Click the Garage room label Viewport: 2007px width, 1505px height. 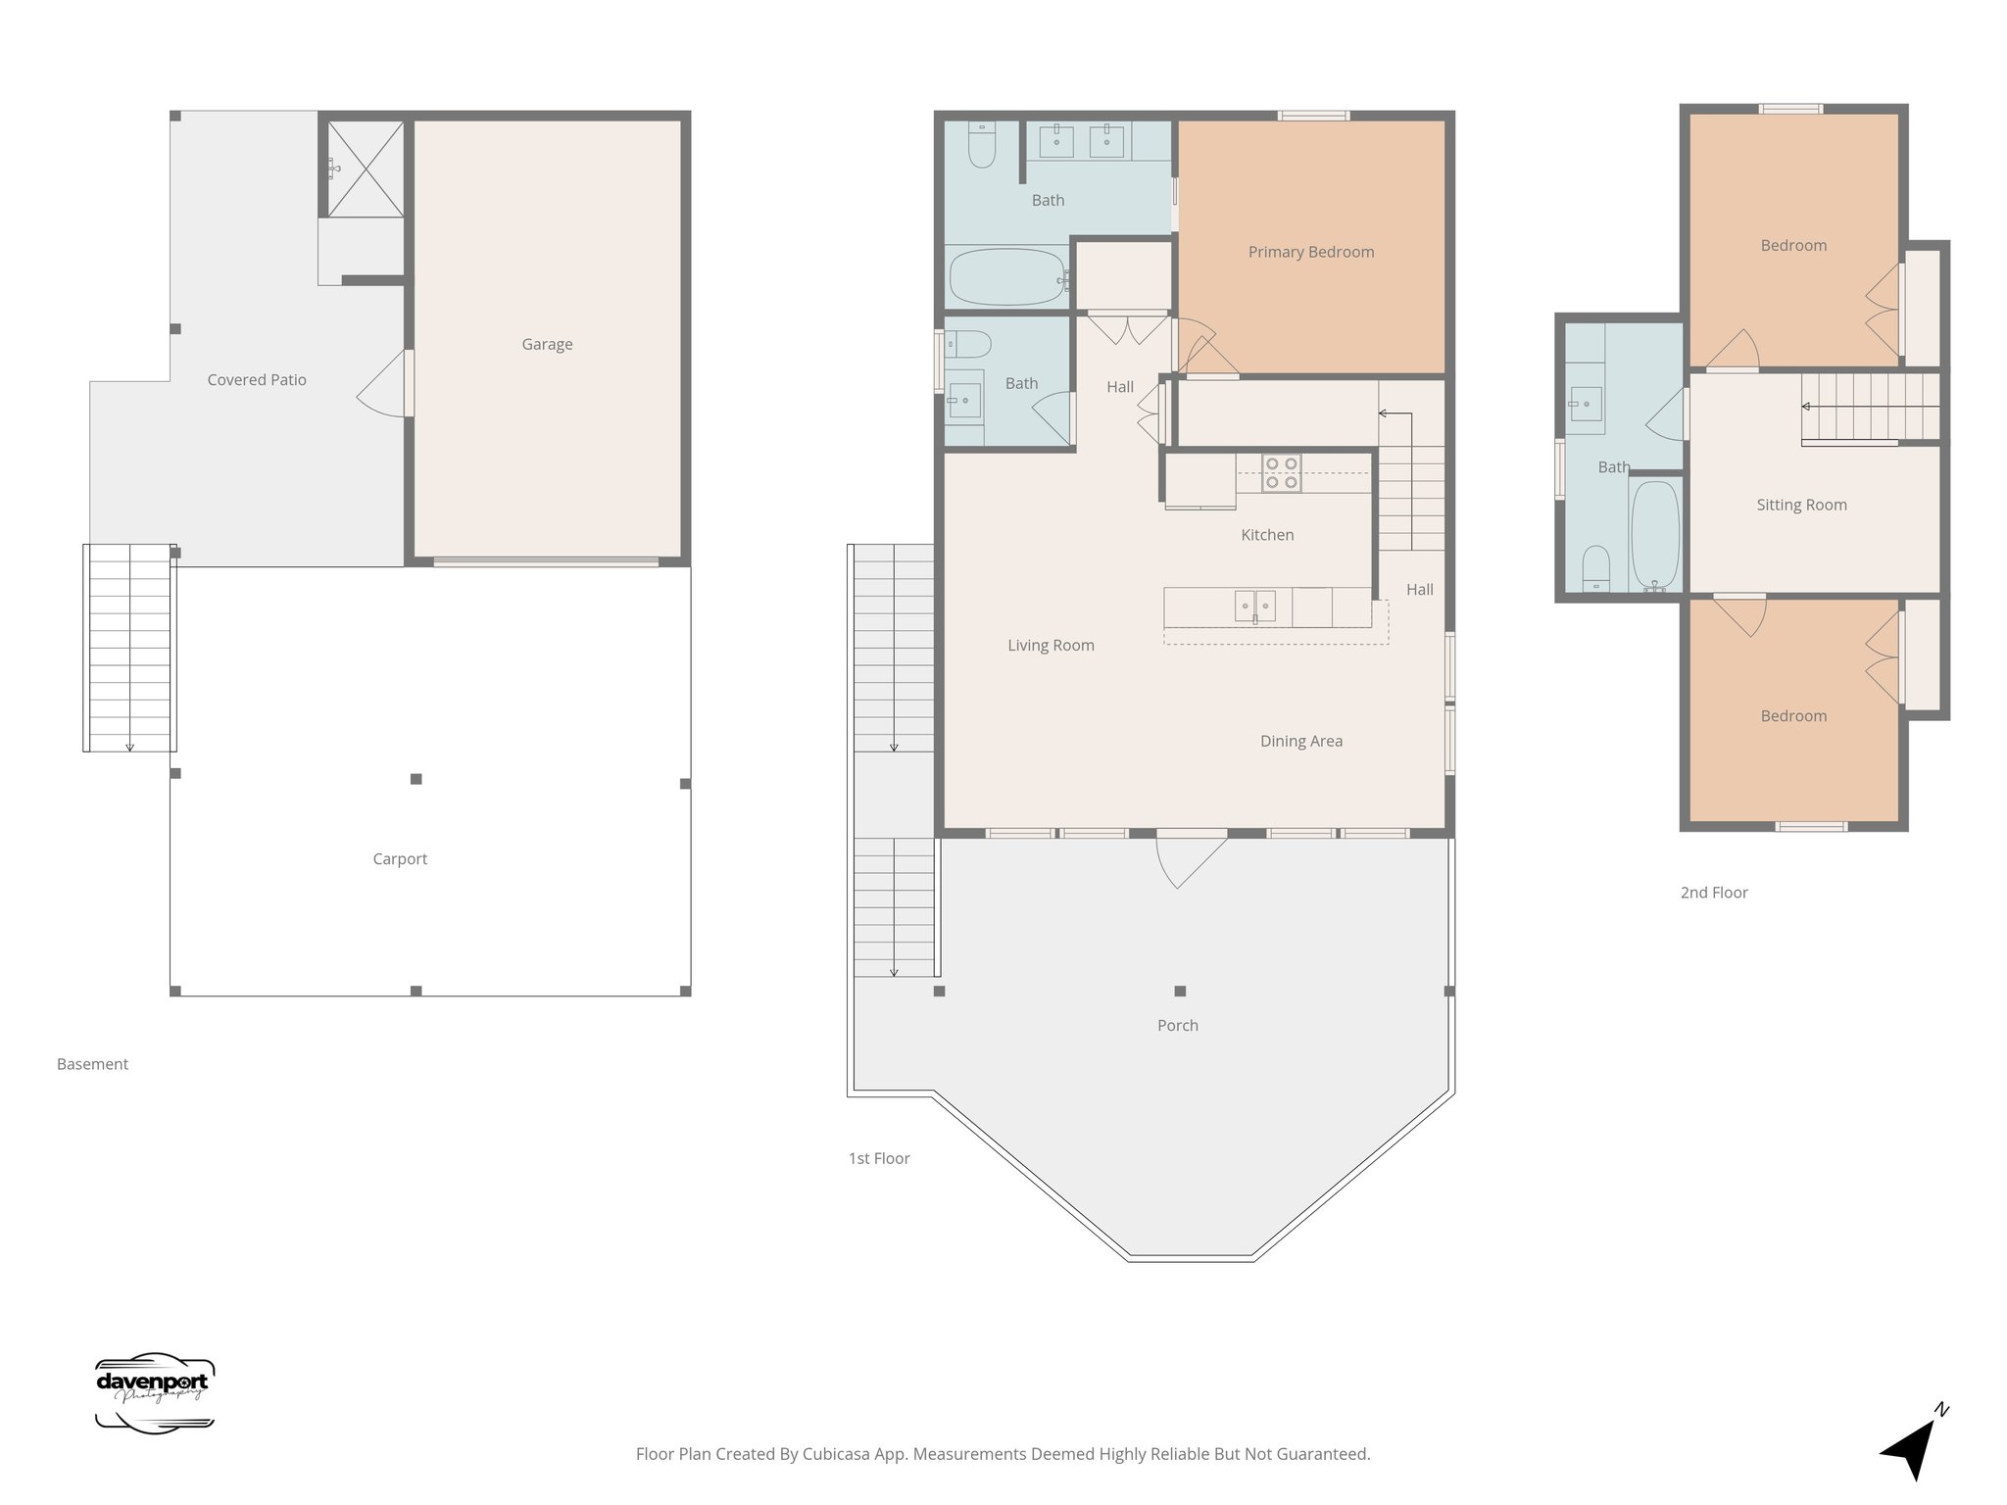(x=547, y=344)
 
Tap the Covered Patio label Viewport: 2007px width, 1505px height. (x=257, y=379)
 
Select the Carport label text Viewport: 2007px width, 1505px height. (x=400, y=858)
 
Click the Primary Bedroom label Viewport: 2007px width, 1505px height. (x=1310, y=252)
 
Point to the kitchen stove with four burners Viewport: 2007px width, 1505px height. (x=1281, y=472)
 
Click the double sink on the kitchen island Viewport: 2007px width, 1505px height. (x=1254, y=607)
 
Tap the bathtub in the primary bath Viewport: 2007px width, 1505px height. (x=1007, y=277)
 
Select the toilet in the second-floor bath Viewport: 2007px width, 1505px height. (x=1596, y=569)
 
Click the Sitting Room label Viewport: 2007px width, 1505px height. (x=1801, y=505)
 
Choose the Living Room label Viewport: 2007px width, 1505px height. (x=1051, y=645)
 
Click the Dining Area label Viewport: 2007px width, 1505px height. (x=1300, y=741)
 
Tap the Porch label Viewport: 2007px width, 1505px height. (x=1177, y=1025)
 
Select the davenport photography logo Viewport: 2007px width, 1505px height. (x=154, y=1393)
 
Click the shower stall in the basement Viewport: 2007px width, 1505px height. (x=365, y=168)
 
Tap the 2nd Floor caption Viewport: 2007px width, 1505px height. (x=1714, y=892)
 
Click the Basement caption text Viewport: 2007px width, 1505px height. (x=92, y=1064)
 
